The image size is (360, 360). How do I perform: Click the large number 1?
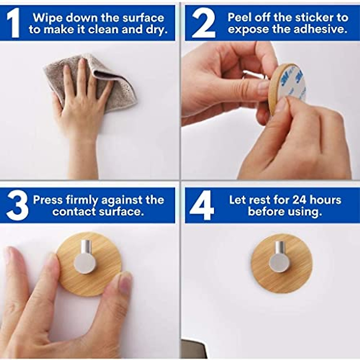pyautogui.click(x=13, y=23)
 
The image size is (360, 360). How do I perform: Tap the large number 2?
pyautogui.click(x=203, y=23)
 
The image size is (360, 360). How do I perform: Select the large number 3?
pyautogui.click(x=17, y=206)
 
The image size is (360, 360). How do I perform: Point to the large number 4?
pyautogui.click(x=202, y=206)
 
